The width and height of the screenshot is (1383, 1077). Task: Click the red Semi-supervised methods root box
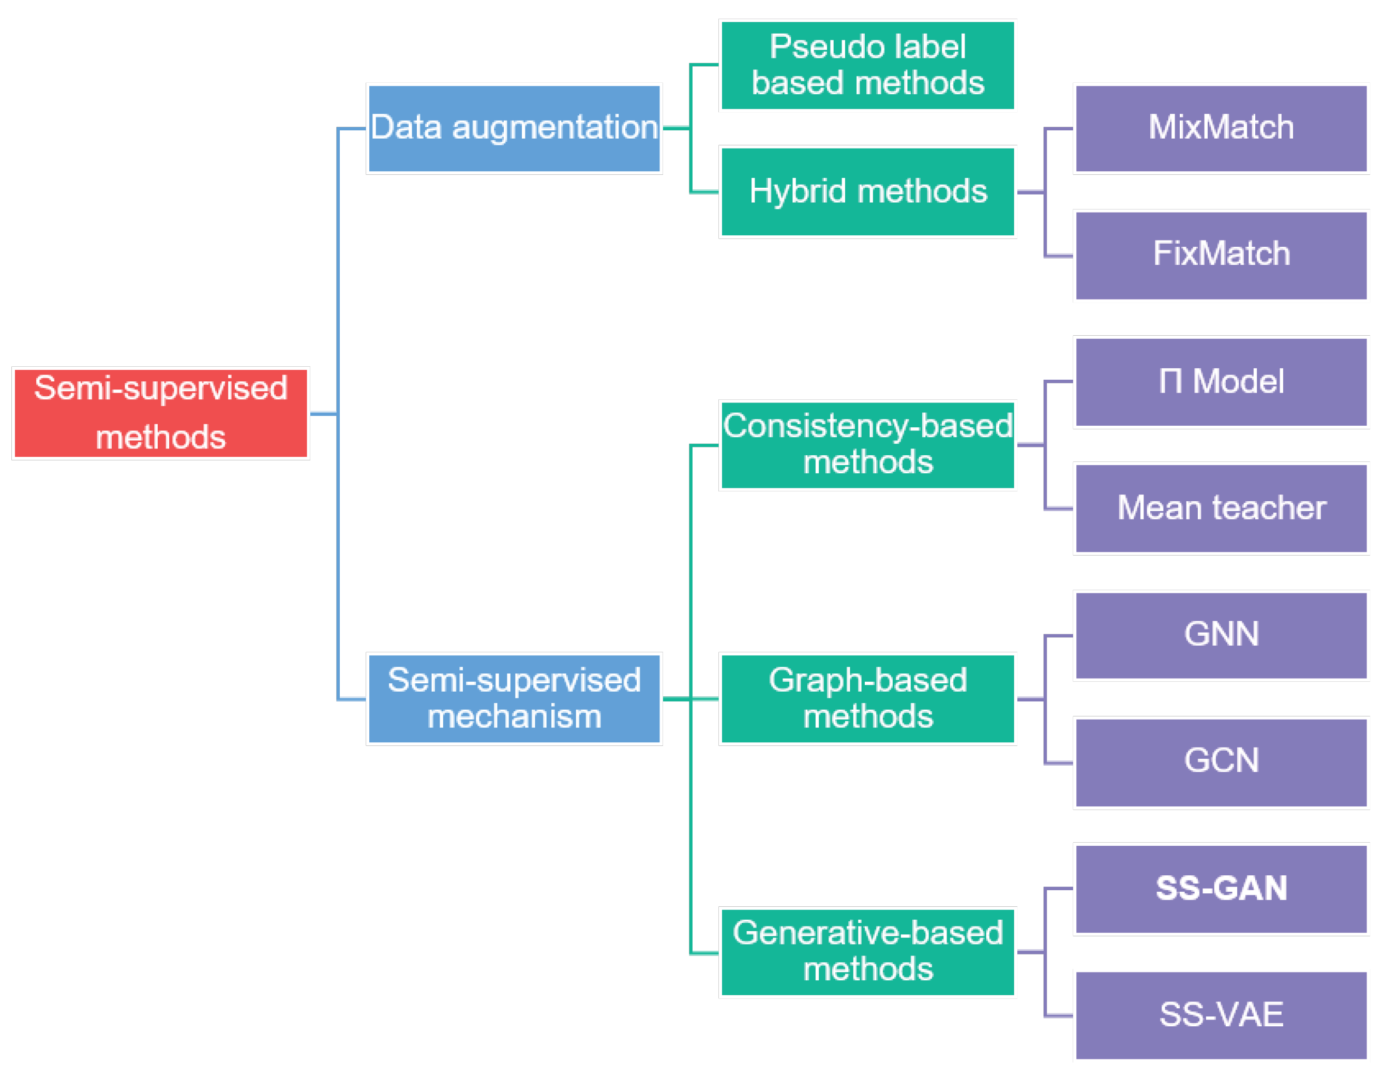[x=160, y=413]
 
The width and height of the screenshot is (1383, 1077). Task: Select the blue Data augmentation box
[x=514, y=129]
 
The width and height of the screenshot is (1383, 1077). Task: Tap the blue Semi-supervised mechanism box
[x=514, y=698]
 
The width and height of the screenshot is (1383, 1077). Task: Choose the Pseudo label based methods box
[x=867, y=65]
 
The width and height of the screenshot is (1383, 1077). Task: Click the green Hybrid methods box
[x=867, y=191]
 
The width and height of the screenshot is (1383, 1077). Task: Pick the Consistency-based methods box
[x=867, y=445]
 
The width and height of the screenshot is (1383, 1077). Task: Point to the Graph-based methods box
[x=867, y=698]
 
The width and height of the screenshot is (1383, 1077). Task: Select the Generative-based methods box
[x=867, y=952]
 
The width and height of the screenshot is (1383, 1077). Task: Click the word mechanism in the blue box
[x=514, y=717]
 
